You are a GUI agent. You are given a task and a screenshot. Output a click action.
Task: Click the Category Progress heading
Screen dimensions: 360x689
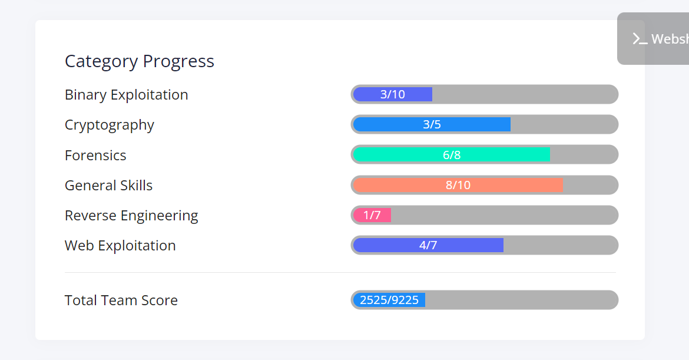tap(140, 61)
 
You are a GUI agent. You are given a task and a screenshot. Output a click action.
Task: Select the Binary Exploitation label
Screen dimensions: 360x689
tap(126, 95)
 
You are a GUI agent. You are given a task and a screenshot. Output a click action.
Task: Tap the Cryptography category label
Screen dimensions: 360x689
tap(110, 125)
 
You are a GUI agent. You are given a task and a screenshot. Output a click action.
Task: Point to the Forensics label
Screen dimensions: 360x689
tap(95, 156)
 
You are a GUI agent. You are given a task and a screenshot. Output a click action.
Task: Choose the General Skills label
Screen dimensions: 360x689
tap(108, 186)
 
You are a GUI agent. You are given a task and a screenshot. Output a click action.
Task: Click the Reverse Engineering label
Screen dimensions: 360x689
tap(131, 216)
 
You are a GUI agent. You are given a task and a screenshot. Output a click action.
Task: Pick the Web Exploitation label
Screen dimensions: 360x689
tap(120, 246)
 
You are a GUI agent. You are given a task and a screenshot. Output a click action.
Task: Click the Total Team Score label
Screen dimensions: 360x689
tap(121, 300)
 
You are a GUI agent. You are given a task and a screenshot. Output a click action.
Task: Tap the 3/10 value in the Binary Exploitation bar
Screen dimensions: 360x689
tap(393, 94)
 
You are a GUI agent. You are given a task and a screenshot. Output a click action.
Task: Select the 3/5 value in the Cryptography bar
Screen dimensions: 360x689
tap(432, 124)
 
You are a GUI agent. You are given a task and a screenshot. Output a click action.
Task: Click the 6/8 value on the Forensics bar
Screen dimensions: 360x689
tap(452, 155)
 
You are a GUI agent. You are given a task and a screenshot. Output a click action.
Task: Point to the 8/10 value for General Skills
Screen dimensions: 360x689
tap(458, 185)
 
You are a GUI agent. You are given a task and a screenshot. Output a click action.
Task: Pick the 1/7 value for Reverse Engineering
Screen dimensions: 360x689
tap(372, 215)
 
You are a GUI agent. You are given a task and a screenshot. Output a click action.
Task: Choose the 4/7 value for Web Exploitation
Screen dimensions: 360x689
tap(428, 245)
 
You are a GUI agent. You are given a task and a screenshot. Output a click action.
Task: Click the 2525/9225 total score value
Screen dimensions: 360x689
tap(389, 300)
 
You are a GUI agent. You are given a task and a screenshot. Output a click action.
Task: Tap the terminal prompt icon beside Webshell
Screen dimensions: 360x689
tap(640, 39)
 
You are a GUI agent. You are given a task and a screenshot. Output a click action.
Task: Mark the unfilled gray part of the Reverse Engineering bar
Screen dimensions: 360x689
tap(503, 215)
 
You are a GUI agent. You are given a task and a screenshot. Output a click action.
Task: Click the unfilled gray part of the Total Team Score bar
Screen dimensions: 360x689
tap(521, 300)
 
